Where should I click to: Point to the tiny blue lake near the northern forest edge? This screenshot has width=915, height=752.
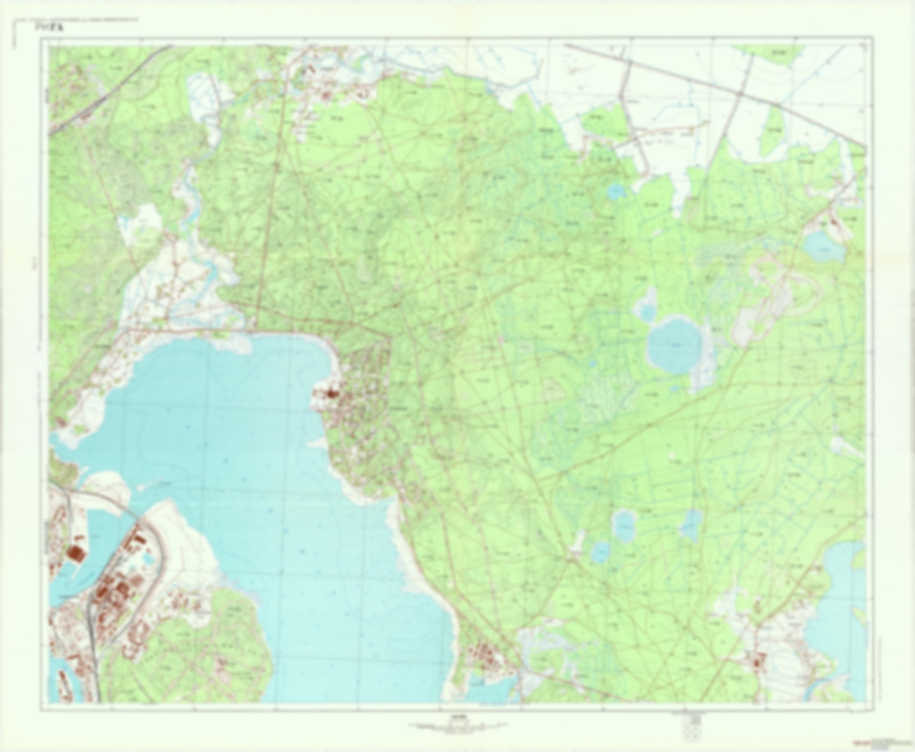coord(615,191)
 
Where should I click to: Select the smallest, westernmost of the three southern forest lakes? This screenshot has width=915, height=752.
coord(600,552)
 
